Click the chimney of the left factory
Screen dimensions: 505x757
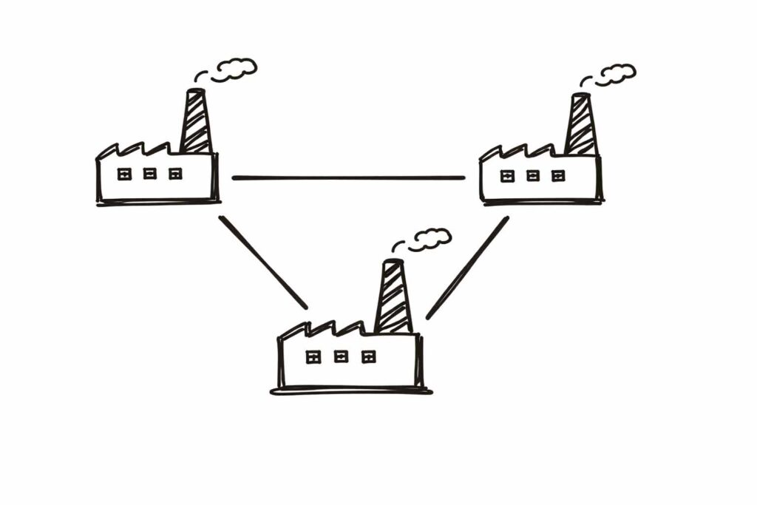196,122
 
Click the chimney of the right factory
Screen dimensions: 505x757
581,126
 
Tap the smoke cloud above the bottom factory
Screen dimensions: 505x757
430,238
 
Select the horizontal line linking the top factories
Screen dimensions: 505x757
348,177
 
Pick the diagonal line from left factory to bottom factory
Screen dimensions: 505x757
262,262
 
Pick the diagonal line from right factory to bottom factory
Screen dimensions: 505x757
467,267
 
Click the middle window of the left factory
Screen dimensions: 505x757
150,174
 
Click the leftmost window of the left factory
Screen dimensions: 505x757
125,174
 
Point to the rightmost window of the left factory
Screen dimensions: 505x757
175,174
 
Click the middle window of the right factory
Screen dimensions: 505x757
533,176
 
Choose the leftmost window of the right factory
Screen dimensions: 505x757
508,176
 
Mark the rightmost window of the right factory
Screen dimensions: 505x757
558,176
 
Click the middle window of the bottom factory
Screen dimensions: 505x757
341,357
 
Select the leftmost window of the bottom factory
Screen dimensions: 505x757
313,357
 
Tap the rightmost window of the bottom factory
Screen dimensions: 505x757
368,357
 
